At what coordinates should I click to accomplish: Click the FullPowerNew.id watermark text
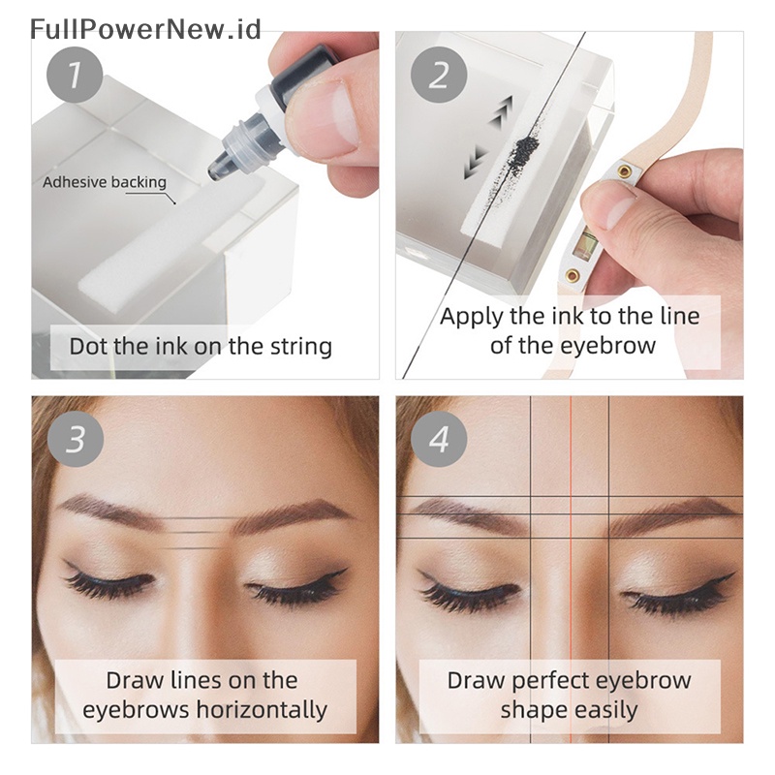(145, 28)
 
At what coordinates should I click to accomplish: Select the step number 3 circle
(75, 439)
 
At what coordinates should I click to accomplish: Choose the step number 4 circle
(441, 439)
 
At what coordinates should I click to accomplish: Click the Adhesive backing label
(104, 182)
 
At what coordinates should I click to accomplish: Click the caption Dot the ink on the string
(201, 346)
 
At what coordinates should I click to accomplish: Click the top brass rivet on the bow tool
(625, 171)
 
